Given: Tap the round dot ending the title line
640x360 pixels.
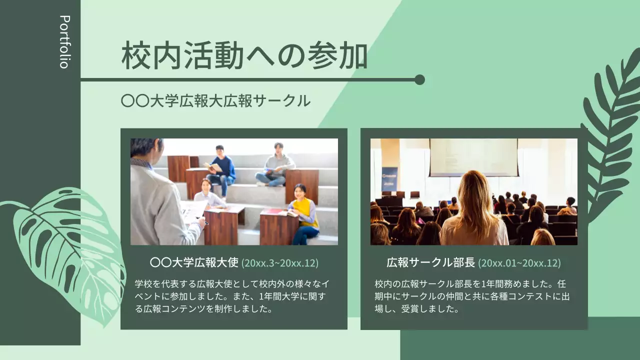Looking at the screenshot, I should [419, 80].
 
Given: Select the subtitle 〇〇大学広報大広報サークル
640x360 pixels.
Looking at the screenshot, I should [215, 100].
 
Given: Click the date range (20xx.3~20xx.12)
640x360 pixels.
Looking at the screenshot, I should [279, 263].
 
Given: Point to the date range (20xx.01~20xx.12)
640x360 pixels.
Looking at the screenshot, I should [519, 263].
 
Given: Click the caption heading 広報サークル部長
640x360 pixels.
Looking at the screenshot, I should [431, 262].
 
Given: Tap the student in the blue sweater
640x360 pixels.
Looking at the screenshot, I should [221, 166].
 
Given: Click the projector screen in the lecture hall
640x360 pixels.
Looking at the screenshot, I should [473, 157].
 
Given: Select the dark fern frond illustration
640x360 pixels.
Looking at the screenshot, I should [610, 135].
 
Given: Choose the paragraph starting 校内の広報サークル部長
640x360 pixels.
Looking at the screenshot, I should [472, 296].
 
